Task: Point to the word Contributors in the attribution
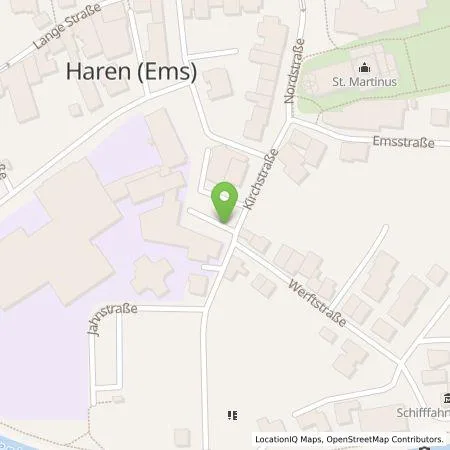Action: click(416, 439)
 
